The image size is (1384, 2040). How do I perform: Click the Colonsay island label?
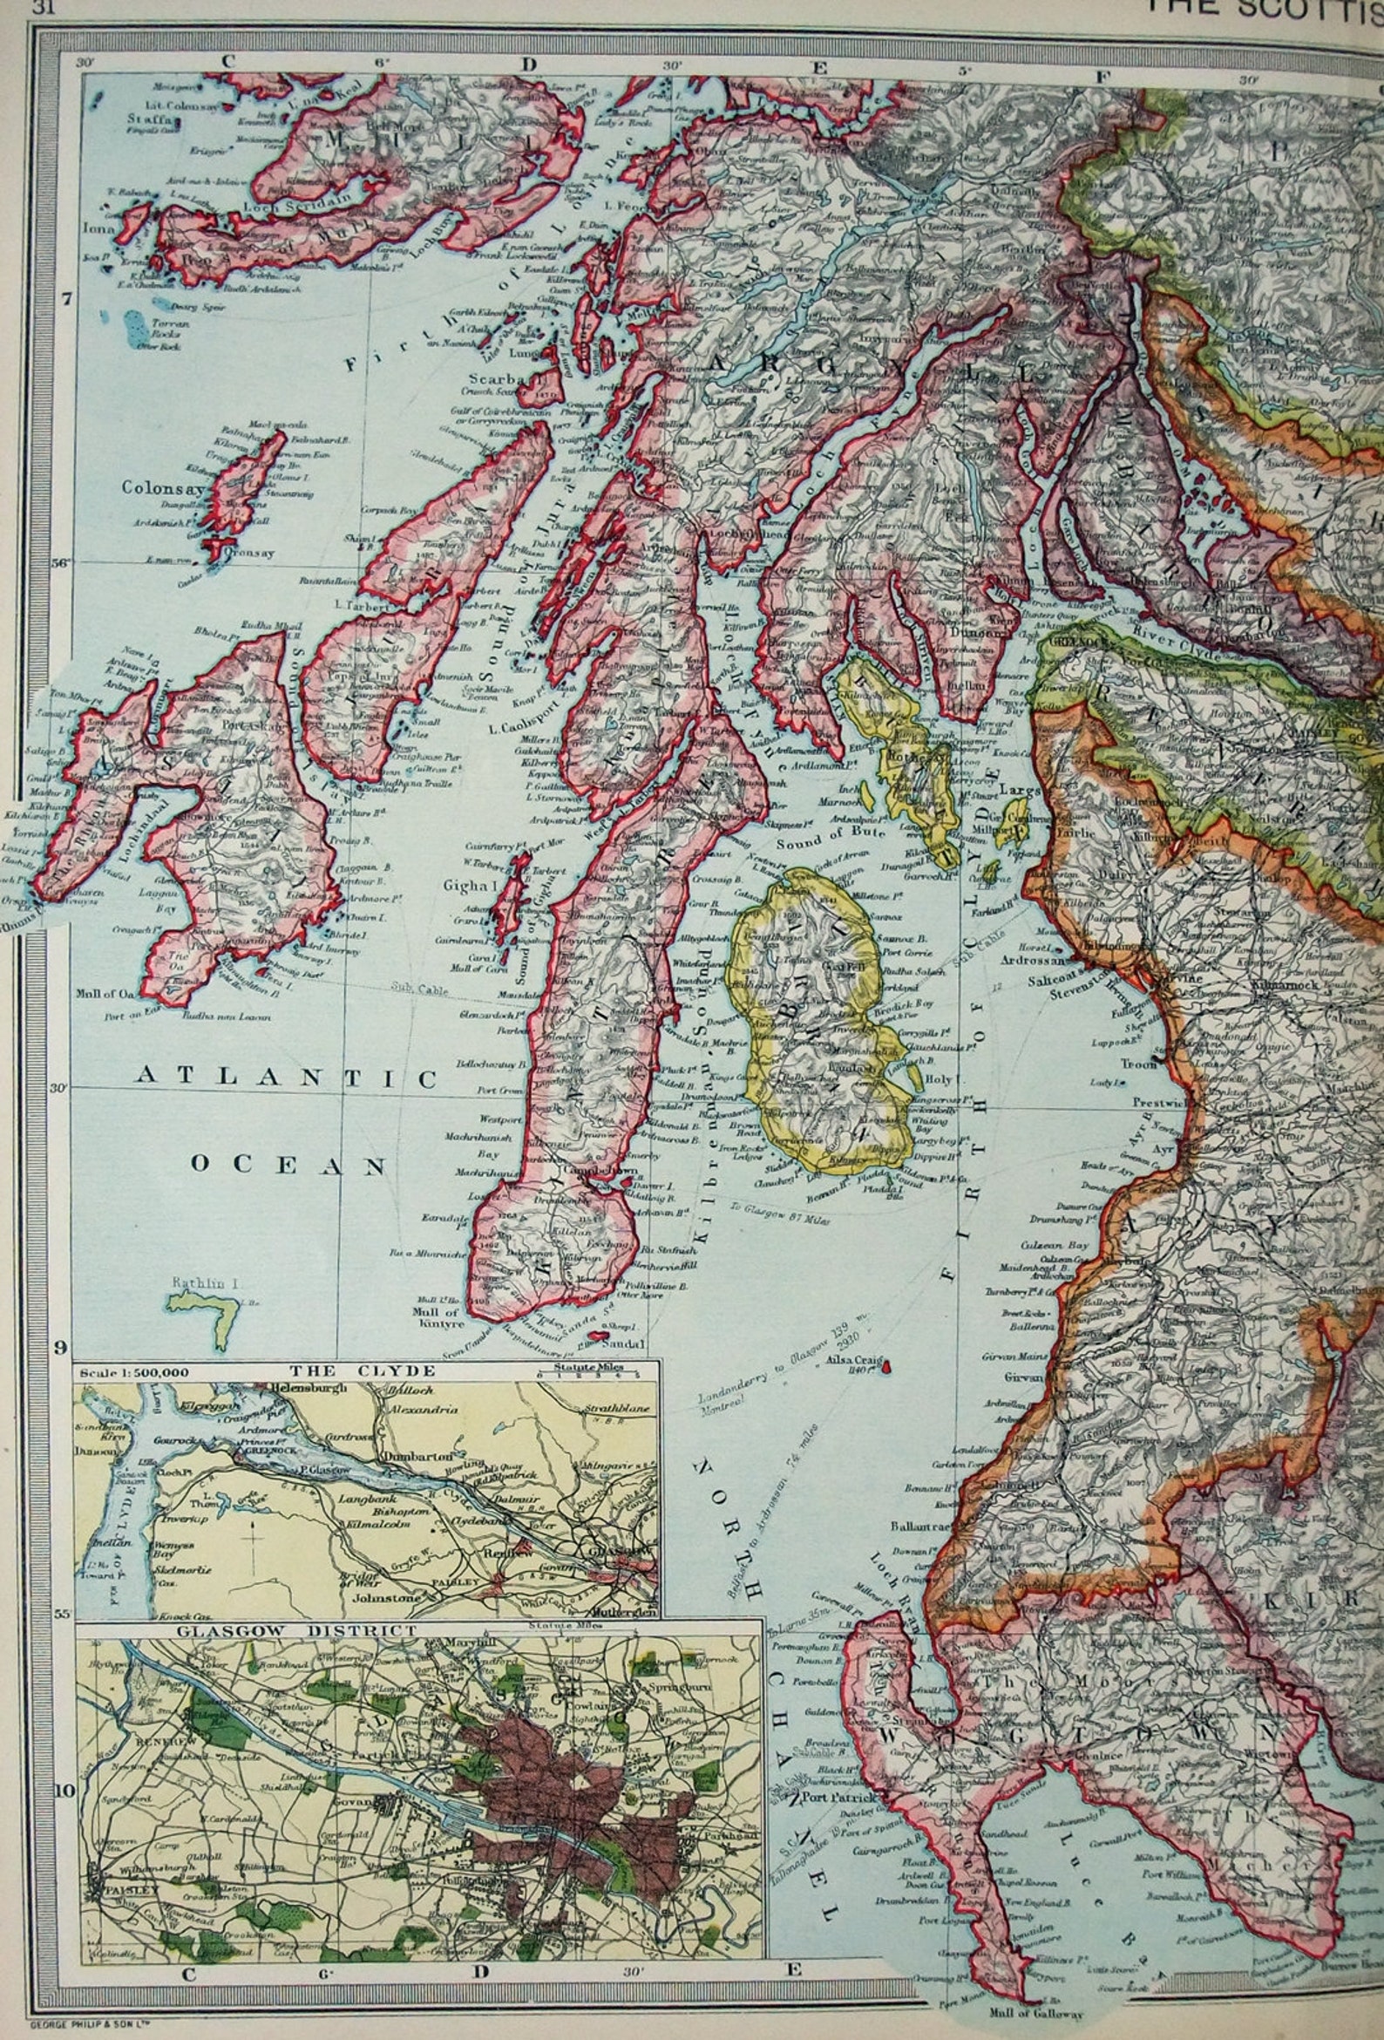click(x=163, y=487)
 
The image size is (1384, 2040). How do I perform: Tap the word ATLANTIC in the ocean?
click(x=286, y=1078)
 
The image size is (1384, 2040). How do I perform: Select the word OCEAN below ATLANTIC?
click(x=288, y=1165)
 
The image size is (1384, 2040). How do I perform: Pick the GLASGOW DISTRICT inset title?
click(x=296, y=1630)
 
